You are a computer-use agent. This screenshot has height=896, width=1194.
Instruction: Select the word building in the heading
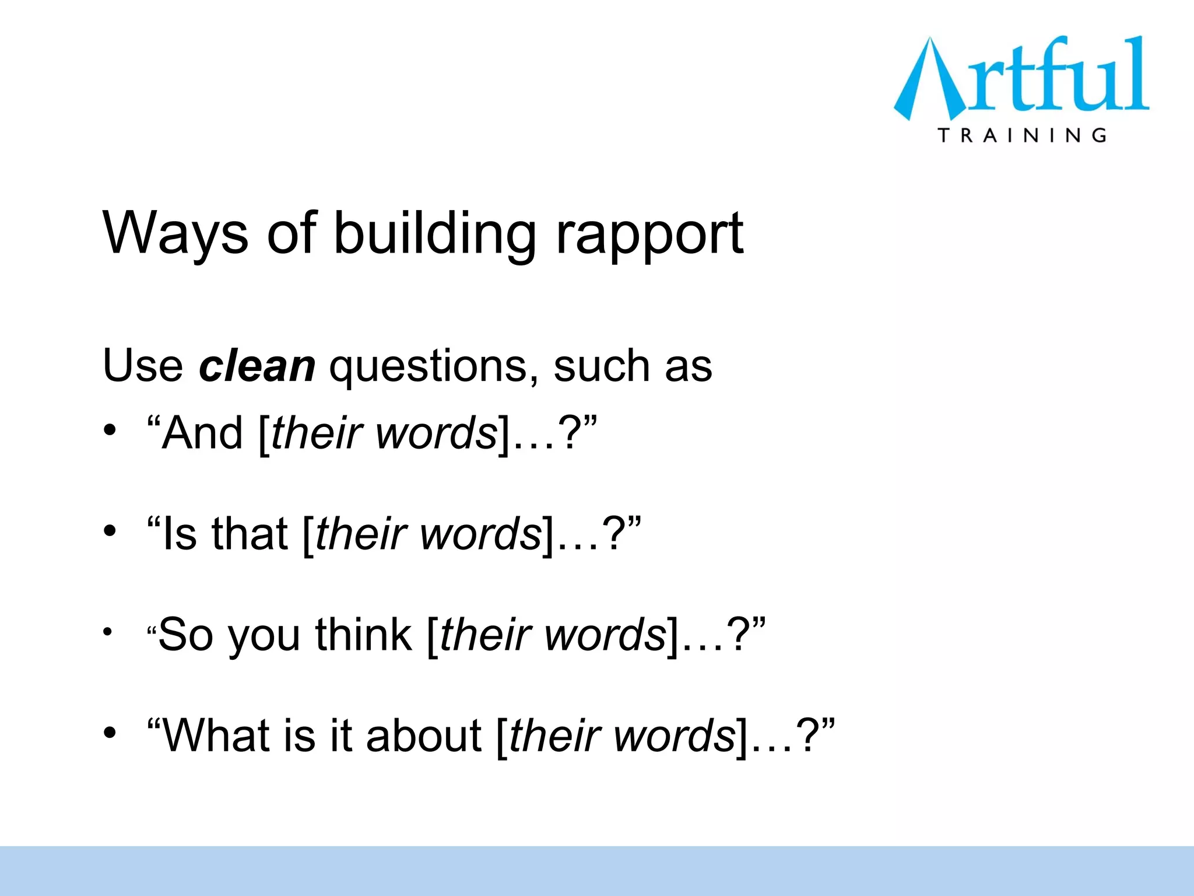[x=434, y=233]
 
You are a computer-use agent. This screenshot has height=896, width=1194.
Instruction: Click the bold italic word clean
[x=257, y=366]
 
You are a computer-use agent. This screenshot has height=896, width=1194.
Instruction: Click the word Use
[x=143, y=366]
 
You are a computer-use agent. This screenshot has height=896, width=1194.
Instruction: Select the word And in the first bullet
[x=202, y=433]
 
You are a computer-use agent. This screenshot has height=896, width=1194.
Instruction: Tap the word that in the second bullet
[x=249, y=534]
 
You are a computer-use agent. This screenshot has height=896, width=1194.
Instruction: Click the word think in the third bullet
[x=363, y=635]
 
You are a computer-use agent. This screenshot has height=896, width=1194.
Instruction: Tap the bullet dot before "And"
[x=110, y=430]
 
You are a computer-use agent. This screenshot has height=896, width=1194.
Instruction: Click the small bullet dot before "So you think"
[x=107, y=631]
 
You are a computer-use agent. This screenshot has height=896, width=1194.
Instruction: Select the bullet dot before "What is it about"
[x=110, y=733]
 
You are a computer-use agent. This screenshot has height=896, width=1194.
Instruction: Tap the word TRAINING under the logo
[x=1022, y=135]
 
